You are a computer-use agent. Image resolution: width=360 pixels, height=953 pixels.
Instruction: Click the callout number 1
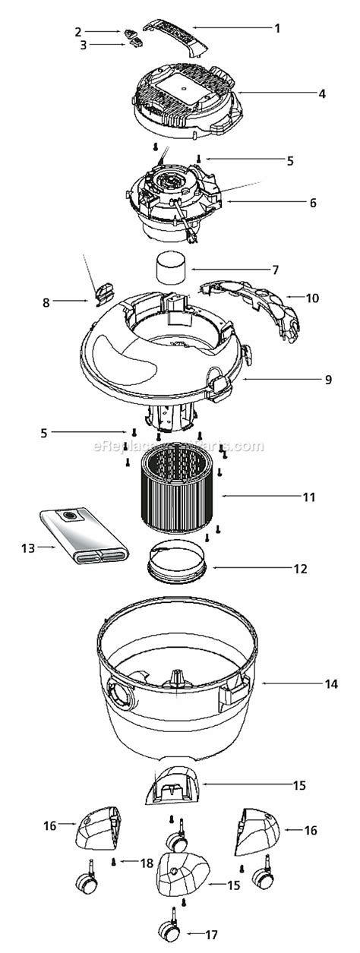point(278,28)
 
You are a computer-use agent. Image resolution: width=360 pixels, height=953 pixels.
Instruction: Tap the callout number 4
point(322,94)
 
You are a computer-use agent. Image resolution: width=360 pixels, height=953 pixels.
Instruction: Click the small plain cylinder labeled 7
point(172,269)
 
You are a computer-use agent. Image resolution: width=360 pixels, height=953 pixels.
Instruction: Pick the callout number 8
point(46,302)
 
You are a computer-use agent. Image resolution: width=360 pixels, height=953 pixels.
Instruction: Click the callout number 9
point(328,380)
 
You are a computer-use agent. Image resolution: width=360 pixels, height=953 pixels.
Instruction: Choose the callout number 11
point(308,497)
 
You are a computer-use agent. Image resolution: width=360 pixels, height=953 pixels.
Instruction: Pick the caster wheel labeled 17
point(166,929)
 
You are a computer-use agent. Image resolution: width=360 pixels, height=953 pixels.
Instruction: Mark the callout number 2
point(77,31)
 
